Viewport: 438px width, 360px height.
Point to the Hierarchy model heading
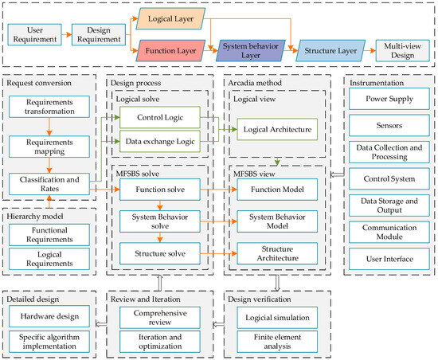click(38, 216)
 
